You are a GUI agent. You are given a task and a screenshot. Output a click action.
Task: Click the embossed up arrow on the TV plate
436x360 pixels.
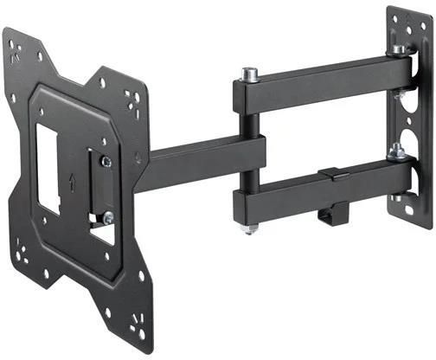(x=74, y=184)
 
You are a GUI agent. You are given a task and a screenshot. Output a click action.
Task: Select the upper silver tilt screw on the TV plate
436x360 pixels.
(x=106, y=162)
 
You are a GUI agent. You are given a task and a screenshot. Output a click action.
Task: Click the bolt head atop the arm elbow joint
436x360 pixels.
(x=249, y=74)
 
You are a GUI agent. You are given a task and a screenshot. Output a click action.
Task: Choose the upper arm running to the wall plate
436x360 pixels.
(x=320, y=82)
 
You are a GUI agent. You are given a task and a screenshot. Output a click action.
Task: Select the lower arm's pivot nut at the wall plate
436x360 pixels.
(x=396, y=153)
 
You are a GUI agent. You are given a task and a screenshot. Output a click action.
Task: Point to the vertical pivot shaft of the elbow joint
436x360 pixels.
(x=249, y=151)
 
